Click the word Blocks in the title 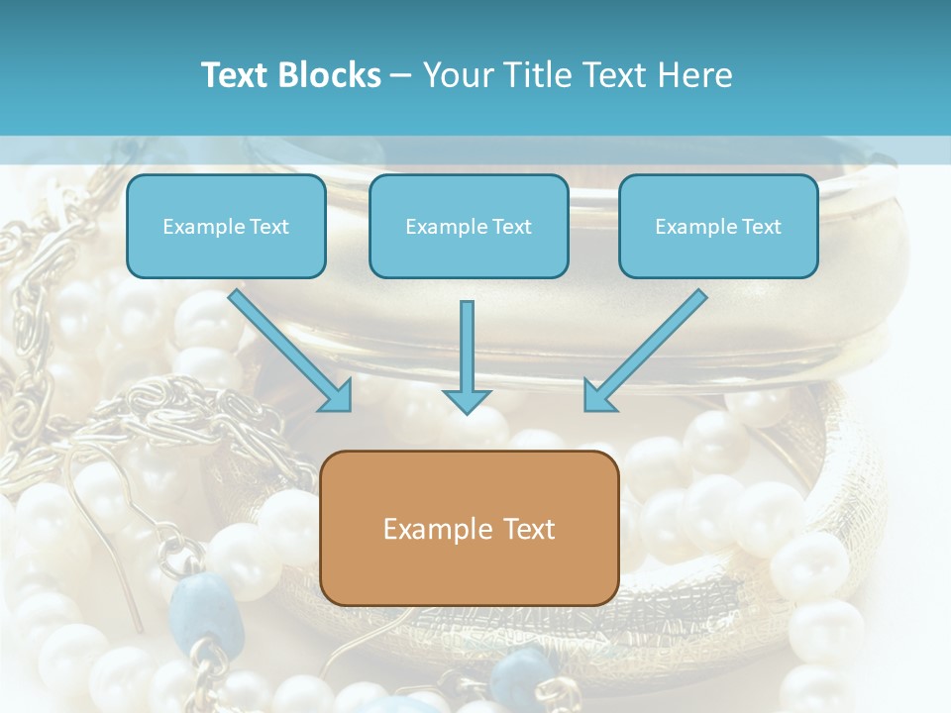(330, 74)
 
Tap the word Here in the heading (695, 74)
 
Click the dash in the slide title (401, 76)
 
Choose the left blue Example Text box (226, 226)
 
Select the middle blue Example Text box (469, 226)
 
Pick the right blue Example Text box (719, 226)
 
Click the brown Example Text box (470, 528)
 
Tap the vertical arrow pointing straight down (467, 357)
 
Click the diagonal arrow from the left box (290, 351)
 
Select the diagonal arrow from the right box (646, 351)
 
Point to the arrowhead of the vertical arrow (467, 401)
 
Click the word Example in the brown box (429, 529)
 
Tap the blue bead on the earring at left (206, 611)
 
